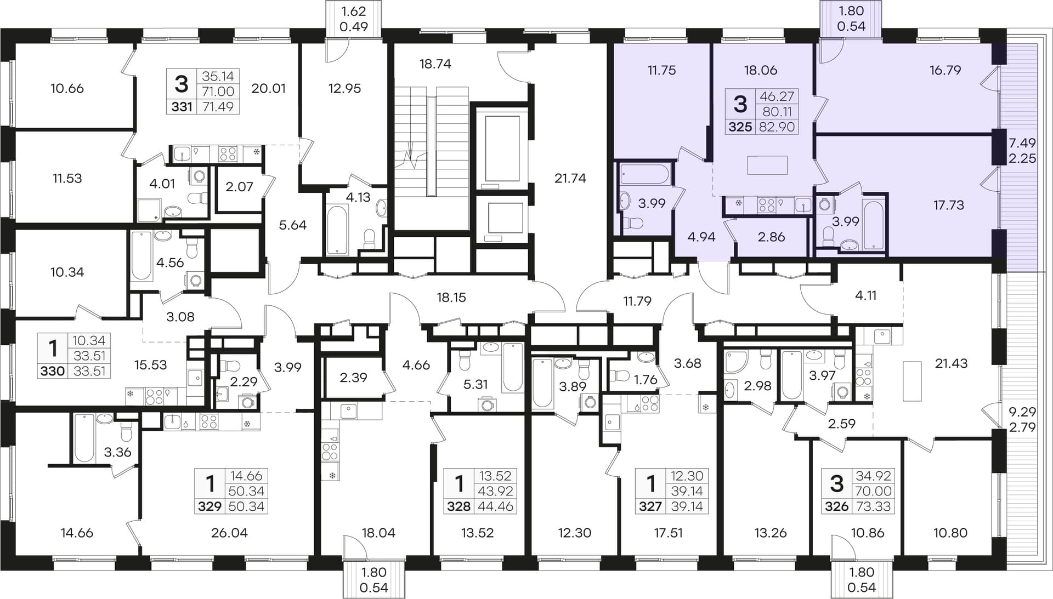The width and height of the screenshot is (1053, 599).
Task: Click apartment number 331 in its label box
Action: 182,106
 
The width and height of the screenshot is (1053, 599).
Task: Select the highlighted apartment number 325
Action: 740,127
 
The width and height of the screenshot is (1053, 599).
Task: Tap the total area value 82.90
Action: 777,127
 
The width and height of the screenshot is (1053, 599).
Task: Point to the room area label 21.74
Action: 570,178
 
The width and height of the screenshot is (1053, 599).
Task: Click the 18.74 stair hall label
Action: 435,64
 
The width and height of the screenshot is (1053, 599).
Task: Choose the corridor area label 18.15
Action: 451,297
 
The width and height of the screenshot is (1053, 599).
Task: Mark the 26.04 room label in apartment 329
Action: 229,533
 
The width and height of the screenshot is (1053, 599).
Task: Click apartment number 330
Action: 52,371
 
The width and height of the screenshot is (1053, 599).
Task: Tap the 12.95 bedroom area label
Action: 344,88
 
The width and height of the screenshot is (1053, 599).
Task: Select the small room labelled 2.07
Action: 240,186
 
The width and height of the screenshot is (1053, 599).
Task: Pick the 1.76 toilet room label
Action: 646,379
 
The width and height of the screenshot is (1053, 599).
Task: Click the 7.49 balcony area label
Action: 1022,143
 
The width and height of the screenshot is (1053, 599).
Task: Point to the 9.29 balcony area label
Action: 1022,412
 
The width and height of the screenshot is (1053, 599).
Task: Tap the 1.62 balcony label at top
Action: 353,11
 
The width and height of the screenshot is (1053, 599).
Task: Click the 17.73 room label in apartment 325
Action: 948,205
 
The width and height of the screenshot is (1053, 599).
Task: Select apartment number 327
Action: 650,506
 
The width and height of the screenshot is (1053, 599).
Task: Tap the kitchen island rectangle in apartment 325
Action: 767,165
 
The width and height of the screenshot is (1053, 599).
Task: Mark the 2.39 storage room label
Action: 353,378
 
